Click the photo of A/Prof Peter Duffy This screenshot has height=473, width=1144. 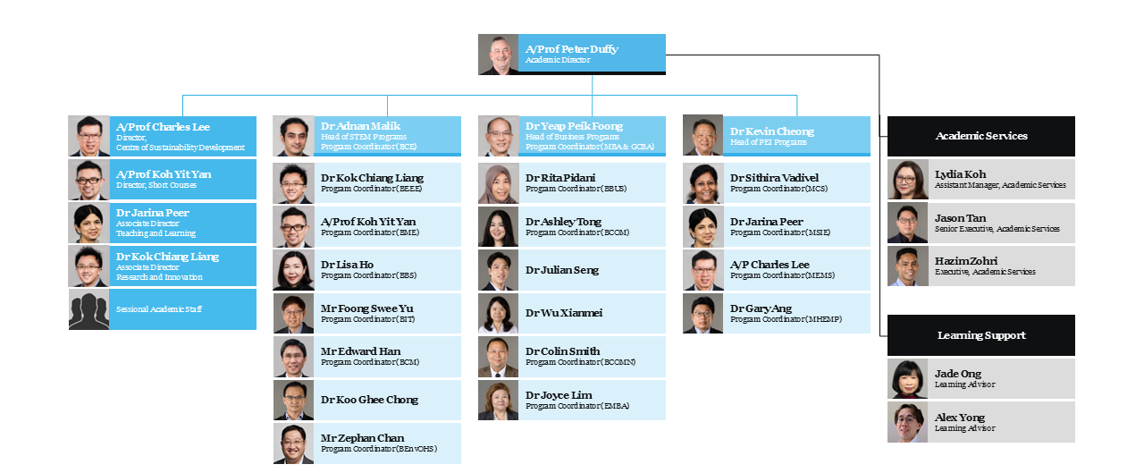[x=498, y=55]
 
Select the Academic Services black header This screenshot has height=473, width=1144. [x=980, y=136]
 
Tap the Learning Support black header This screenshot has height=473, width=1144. [x=980, y=335]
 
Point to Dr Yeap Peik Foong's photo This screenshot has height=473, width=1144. [x=498, y=136]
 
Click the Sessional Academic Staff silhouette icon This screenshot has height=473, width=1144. [x=88, y=309]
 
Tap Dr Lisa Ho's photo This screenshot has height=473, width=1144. [x=293, y=270]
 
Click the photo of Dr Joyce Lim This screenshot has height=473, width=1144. [x=498, y=401]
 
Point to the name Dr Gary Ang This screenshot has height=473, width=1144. [x=760, y=308]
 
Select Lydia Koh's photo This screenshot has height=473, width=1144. [x=907, y=180]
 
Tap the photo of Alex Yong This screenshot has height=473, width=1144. [x=907, y=422]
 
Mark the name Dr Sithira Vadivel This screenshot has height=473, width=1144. [x=774, y=178]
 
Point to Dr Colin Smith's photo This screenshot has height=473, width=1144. [x=498, y=357]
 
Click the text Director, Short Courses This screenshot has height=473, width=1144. [x=156, y=185]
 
